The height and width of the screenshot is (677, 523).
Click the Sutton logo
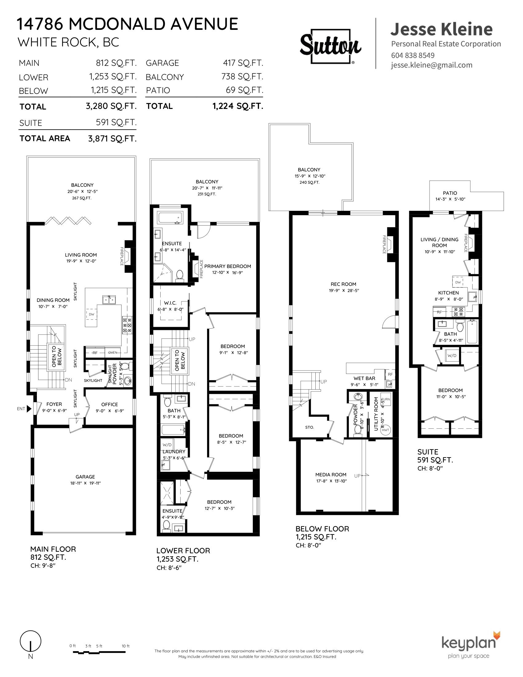point(331,46)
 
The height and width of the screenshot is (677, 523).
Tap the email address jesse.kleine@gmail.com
point(431,65)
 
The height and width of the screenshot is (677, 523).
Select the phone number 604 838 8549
point(413,55)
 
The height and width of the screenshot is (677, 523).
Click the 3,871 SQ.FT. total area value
point(112,139)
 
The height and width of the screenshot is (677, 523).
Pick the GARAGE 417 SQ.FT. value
point(243,63)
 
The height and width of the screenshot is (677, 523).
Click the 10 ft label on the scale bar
point(126,643)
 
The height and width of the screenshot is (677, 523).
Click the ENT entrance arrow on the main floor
point(29,409)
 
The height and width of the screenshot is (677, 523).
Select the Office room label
point(110,405)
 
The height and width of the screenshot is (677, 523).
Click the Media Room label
point(331,475)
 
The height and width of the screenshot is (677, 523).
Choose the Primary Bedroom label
point(227,266)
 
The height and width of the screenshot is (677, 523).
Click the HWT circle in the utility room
point(385,430)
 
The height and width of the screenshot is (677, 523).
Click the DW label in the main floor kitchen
point(91,314)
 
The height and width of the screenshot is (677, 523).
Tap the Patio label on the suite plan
point(450,193)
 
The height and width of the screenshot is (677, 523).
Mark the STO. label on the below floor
point(309,427)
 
